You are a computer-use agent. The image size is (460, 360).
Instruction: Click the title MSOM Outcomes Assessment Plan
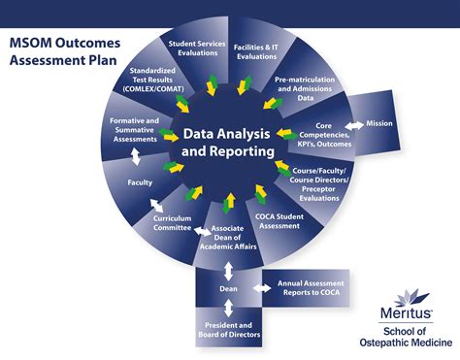pos(65,51)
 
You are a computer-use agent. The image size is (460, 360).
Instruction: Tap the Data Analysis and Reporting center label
pos(227,143)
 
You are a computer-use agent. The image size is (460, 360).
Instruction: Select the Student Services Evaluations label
pos(197,49)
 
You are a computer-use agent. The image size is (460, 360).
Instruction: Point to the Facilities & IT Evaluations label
pos(256,51)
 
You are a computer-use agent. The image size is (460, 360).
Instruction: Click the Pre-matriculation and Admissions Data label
pos(305,88)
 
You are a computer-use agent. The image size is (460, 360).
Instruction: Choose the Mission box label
pos(379,123)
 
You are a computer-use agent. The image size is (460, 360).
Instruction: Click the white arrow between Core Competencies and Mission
pos(354,125)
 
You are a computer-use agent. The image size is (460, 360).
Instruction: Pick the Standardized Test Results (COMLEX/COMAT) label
pos(153,80)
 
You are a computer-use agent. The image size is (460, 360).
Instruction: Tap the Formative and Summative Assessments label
pos(135,130)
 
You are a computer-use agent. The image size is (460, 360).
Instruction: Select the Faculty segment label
pos(140,182)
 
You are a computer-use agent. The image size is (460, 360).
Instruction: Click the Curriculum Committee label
pos(173,223)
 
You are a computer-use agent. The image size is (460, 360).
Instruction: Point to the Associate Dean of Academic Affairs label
pos(228,238)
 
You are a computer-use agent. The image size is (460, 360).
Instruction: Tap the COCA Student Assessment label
pos(279,221)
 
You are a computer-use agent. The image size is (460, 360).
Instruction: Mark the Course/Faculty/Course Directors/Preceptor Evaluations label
pos(319,184)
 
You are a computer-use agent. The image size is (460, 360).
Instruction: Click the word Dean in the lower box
pos(228,289)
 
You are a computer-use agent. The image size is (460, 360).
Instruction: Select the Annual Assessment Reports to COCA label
pos(311,288)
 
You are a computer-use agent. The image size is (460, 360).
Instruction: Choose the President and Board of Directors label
pos(229,330)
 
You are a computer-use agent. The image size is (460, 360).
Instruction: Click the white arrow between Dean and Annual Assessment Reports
pos(262,288)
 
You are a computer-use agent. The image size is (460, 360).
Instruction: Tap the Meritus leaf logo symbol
pos(411,298)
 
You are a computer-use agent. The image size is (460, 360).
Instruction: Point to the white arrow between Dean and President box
pos(228,308)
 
